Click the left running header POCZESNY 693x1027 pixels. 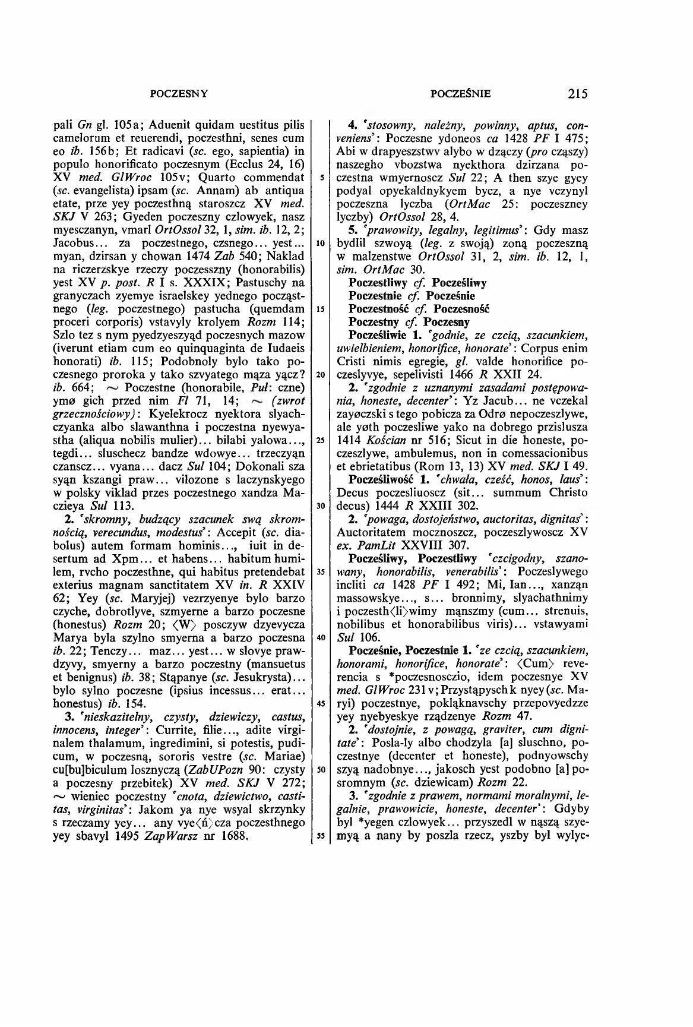click(x=179, y=93)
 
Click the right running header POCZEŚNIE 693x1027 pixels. click(x=461, y=93)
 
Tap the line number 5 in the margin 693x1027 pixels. click(x=319, y=178)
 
